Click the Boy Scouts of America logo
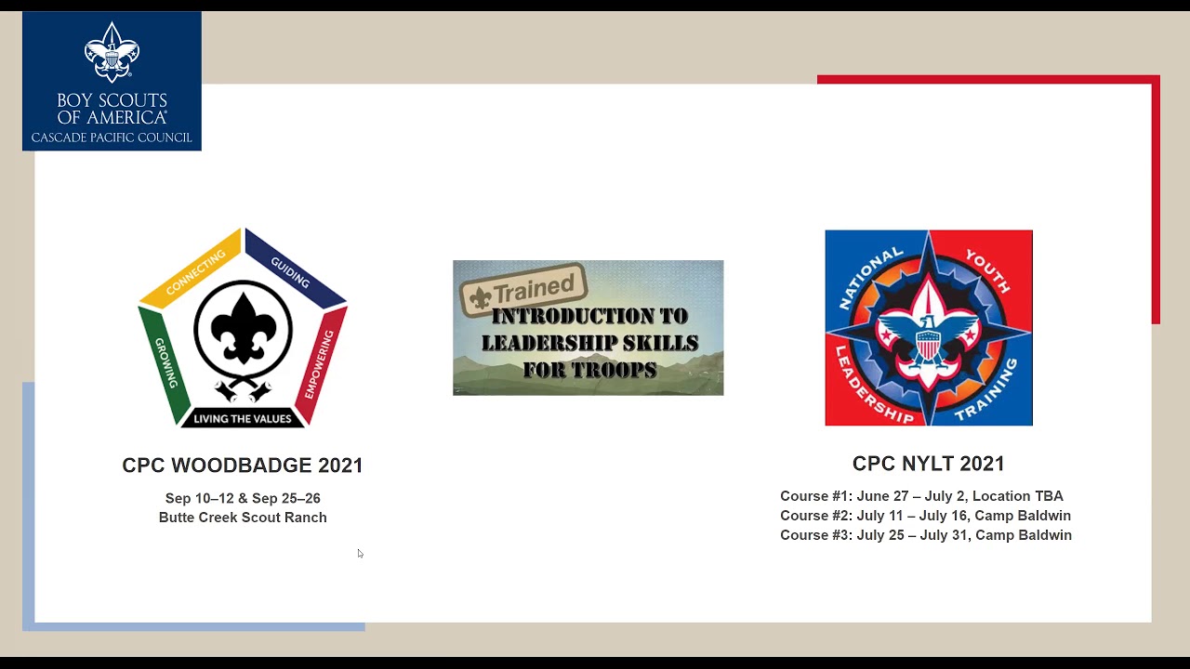click(x=112, y=81)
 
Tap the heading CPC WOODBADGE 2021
click(x=243, y=466)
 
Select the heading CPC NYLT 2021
click(x=928, y=464)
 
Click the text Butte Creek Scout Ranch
click(x=243, y=518)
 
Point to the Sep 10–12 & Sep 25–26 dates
click(x=243, y=498)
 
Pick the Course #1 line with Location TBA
click(x=921, y=496)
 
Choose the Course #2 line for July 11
click(x=925, y=516)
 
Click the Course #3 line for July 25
click(x=926, y=535)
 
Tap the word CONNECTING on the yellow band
click(x=195, y=272)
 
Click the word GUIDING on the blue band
click(x=290, y=271)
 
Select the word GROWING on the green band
click(x=166, y=362)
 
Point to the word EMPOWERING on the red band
click(x=319, y=364)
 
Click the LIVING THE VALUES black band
click(x=243, y=418)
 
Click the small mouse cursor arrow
click(x=360, y=554)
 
